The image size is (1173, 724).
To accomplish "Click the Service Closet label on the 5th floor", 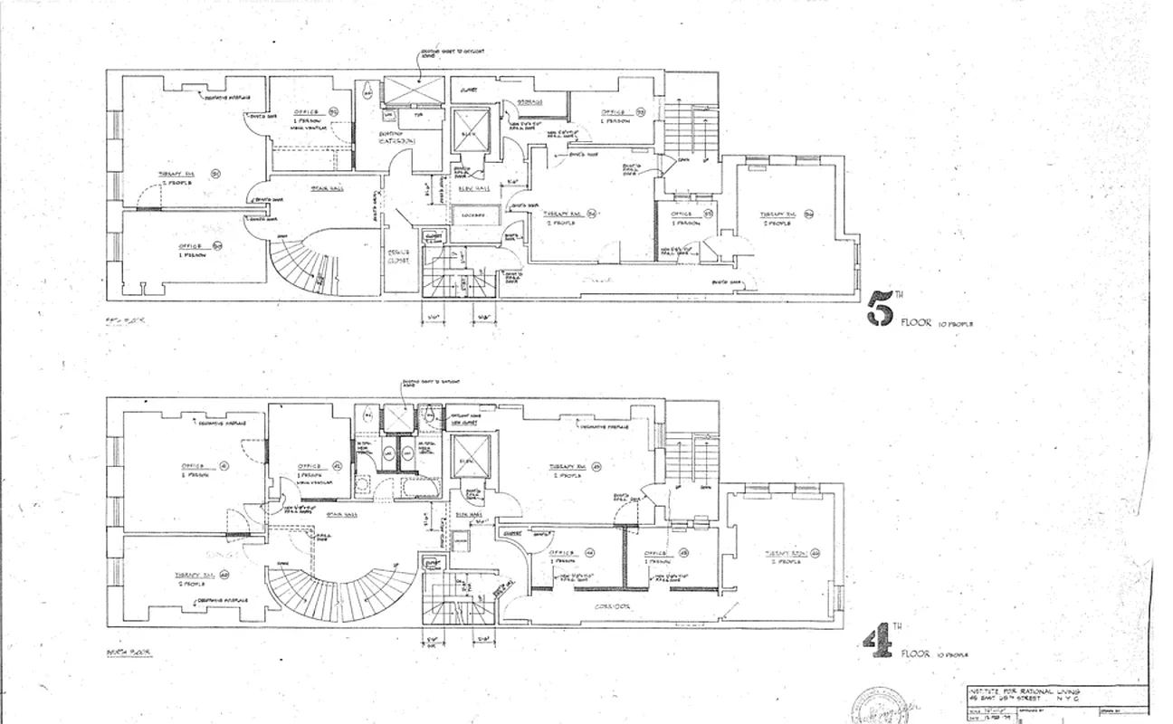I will [x=399, y=256].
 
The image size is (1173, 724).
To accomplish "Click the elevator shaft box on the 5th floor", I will [x=470, y=132].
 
